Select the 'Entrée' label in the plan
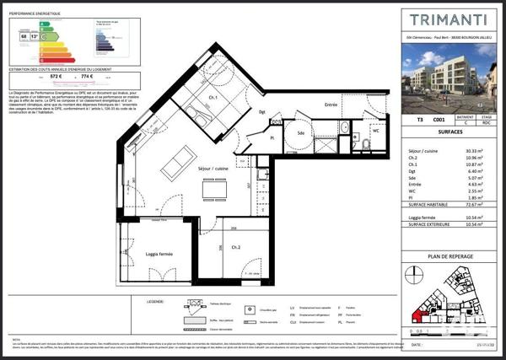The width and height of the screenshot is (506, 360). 331,105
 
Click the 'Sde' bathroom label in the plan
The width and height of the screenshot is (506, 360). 299,134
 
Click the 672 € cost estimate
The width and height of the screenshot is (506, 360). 33,77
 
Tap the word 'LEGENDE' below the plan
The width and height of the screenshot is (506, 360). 155,299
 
